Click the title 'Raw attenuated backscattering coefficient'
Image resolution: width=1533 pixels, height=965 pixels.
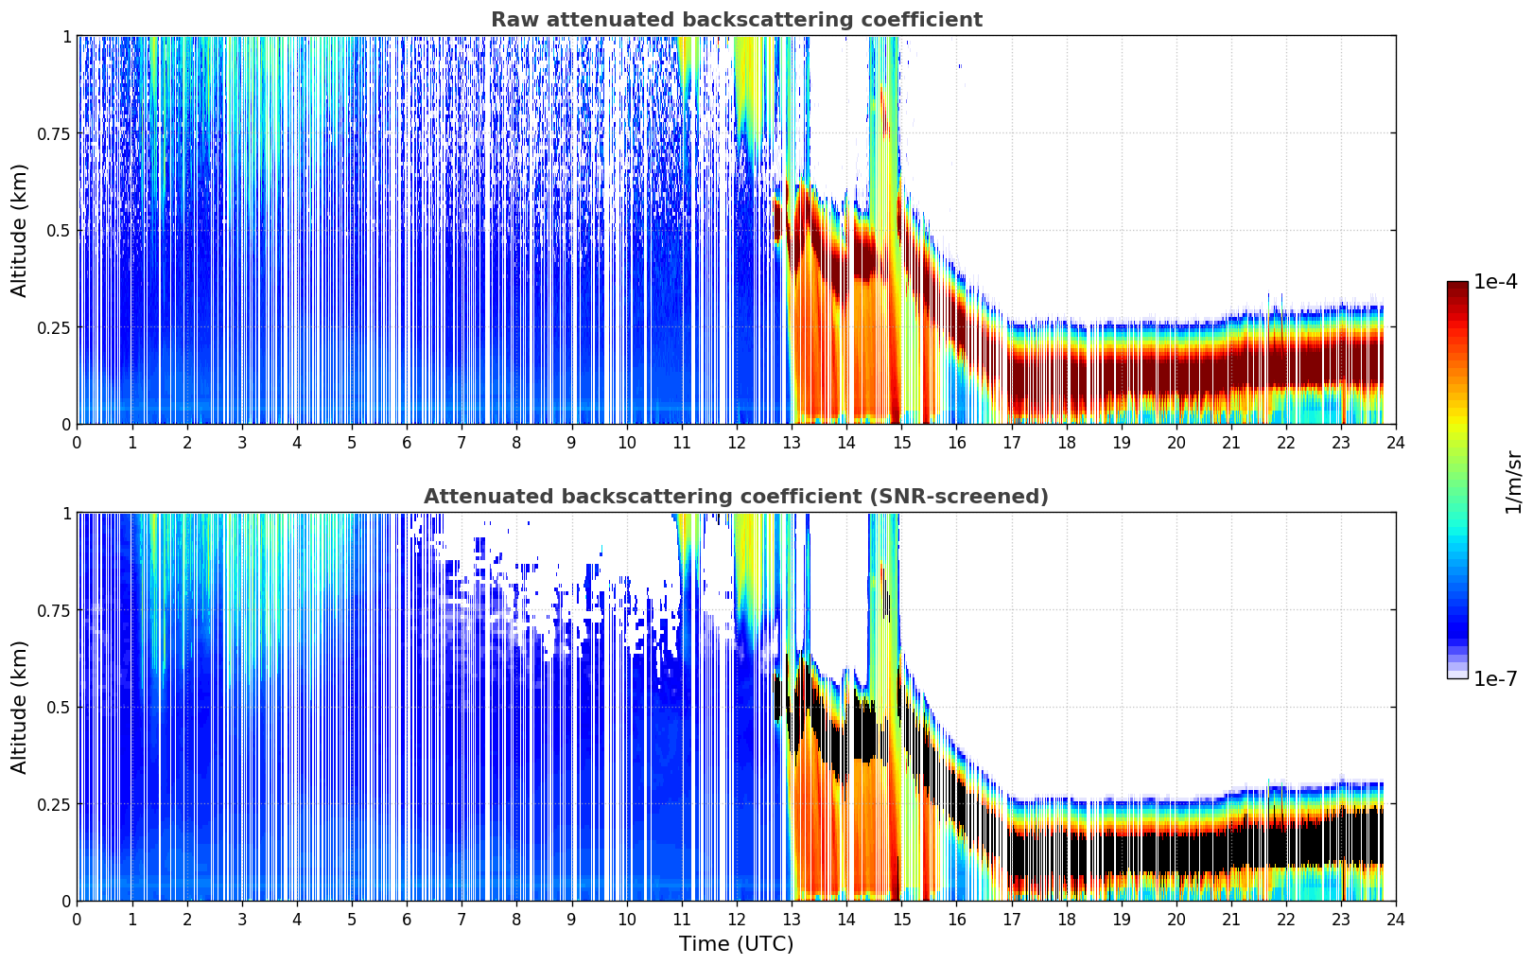(x=736, y=20)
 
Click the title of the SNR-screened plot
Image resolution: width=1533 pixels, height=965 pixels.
(x=736, y=497)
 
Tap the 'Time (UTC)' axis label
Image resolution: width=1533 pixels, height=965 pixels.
(x=736, y=944)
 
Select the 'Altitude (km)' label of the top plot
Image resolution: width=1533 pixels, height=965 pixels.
(x=20, y=230)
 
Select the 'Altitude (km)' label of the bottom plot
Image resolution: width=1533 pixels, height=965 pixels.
(x=20, y=707)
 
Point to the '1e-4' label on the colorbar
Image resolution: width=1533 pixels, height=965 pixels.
(x=1495, y=282)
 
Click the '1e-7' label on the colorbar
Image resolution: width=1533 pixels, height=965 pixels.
(x=1495, y=678)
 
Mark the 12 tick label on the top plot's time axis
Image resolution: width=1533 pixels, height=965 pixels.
(x=736, y=442)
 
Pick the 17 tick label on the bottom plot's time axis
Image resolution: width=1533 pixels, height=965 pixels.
(x=1011, y=919)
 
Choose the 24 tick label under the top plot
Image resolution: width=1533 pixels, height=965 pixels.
(x=1396, y=442)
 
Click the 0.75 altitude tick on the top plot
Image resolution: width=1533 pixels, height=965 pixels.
(x=52, y=133)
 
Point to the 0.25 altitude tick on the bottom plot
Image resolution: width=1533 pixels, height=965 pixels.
(x=52, y=804)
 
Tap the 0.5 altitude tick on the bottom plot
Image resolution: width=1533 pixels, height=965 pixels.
(x=58, y=707)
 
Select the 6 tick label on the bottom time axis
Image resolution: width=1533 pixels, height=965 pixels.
(x=407, y=919)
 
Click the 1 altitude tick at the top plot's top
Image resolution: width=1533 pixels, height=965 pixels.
(x=65, y=36)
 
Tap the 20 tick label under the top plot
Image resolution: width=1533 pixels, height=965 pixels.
(x=1176, y=442)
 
